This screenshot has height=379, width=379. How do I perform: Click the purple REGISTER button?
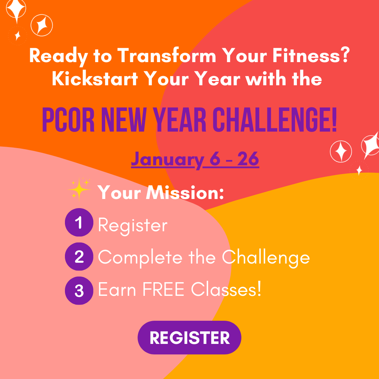(189, 338)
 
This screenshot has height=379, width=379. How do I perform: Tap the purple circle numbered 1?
(79, 222)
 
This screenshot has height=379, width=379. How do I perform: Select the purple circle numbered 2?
(79, 257)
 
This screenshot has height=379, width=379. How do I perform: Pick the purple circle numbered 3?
(79, 291)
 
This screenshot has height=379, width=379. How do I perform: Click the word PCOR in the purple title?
(68, 120)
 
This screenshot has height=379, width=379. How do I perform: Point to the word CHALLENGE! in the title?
(275, 120)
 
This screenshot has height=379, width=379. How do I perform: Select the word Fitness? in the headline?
(311, 55)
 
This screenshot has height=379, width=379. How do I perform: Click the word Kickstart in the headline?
(95, 79)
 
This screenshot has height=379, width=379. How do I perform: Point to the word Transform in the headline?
(167, 55)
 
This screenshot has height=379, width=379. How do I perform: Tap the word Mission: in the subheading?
(185, 193)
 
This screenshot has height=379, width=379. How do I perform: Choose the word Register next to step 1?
(132, 225)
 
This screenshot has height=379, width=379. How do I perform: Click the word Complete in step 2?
(140, 258)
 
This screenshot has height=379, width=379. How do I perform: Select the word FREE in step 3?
(164, 289)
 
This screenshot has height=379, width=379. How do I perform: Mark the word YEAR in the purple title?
(179, 120)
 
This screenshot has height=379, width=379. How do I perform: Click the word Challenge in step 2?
(266, 258)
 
